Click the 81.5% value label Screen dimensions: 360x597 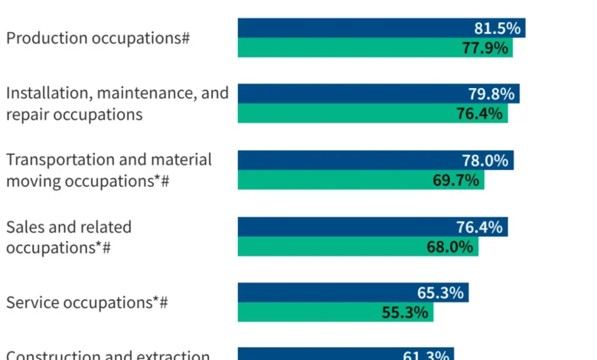tap(497, 28)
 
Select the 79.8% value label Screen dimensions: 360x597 tap(492, 94)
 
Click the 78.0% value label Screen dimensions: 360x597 tap(486, 160)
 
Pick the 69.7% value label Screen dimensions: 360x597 tap(456, 180)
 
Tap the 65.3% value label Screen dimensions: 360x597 tap(441, 293)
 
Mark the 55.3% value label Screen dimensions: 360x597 tap(405, 312)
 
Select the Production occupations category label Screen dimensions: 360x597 tap(98, 38)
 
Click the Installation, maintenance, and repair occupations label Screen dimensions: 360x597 tap(117, 103)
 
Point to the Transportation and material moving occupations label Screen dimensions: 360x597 tap(109, 170)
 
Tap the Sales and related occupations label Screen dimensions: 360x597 tap(69, 237)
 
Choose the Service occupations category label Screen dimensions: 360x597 tap(86, 303)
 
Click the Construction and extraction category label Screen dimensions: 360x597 tap(108, 355)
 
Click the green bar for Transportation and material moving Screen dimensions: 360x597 tap(329, 180)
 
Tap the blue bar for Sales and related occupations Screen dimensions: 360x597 tap(344, 227)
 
